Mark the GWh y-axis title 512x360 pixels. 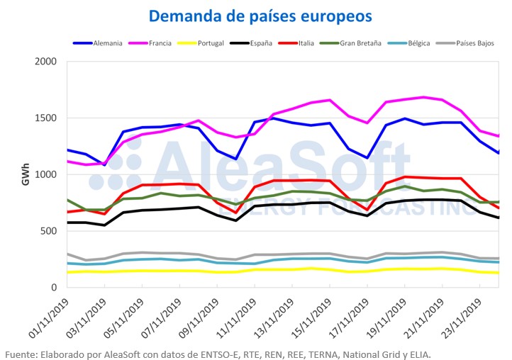click(25, 174)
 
